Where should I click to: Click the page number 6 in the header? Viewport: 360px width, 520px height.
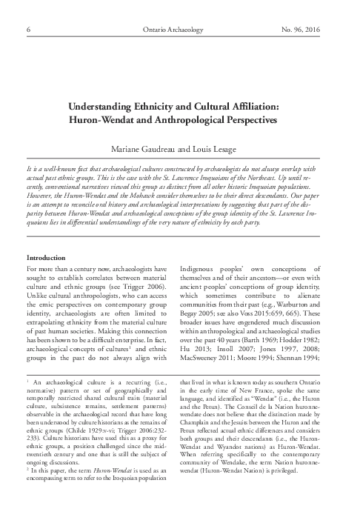point(27,30)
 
